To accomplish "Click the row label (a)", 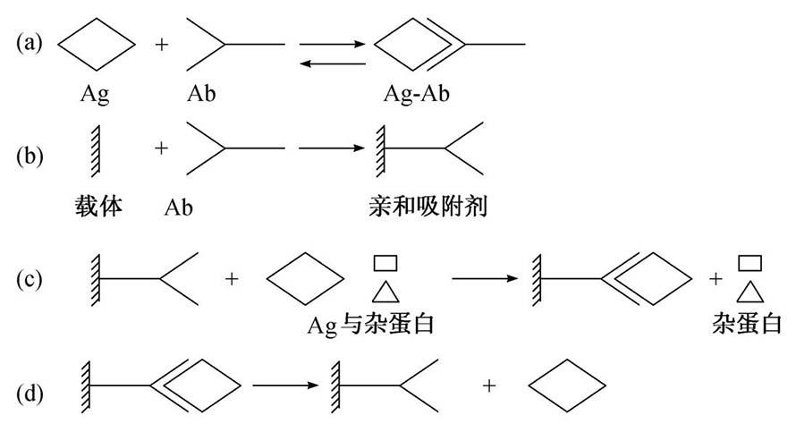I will click(x=30, y=43).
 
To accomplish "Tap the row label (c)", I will click(x=30, y=279).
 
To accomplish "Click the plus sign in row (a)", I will click(x=162, y=43).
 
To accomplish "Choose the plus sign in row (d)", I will click(x=489, y=385).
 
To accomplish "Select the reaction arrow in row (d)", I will click(x=284, y=385).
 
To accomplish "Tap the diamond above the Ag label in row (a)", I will click(x=97, y=43).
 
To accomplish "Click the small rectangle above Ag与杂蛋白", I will click(x=385, y=263).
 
